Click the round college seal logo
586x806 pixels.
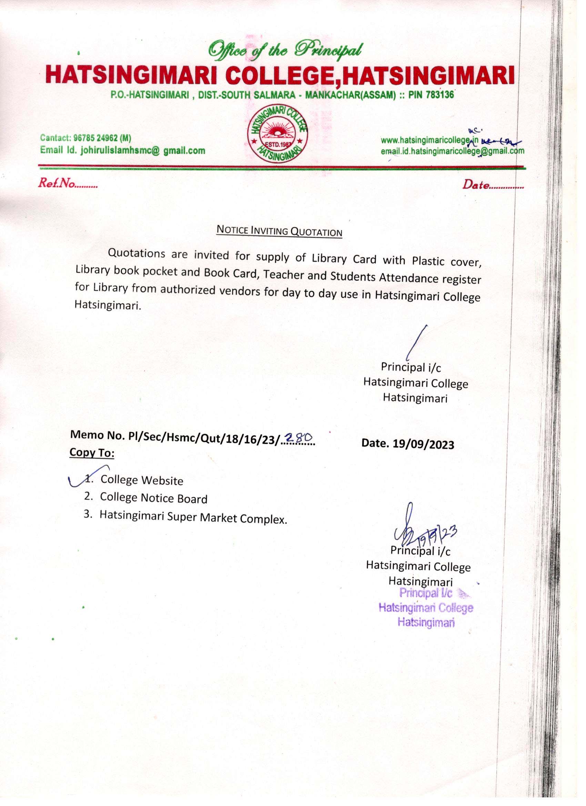[x=279, y=135]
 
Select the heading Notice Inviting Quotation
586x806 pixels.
[x=279, y=231]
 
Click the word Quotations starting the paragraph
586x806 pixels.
[x=137, y=254]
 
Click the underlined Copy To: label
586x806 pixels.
[x=92, y=453]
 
